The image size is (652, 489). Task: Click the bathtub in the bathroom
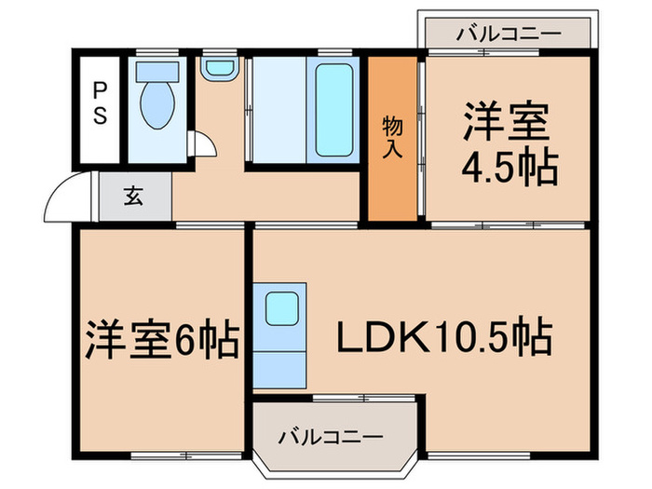coord(336,110)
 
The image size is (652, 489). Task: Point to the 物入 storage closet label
coord(393,140)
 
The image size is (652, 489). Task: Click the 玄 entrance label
coord(134,196)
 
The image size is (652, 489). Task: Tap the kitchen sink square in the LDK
coord(279,306)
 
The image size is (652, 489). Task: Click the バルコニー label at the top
coord(509,34)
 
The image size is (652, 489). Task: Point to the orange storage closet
coord(393,140)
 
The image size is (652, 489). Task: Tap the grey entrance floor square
coord(136,197)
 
